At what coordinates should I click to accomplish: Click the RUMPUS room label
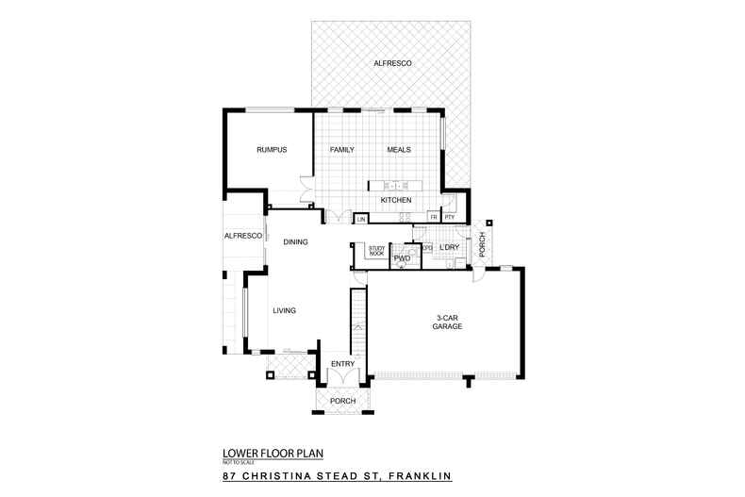(272, 150)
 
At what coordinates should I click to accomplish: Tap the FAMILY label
(341, 150)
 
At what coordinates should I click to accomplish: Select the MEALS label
(399, 150)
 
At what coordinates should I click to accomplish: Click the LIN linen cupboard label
(361, 220)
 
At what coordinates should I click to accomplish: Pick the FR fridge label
(434, 218)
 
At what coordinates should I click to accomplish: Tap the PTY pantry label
(450, 218)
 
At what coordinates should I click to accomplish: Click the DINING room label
(296, 242)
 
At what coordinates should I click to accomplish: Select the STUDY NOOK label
(376, 252)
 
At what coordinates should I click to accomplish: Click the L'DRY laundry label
(450, 247)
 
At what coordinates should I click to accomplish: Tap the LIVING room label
(285, 310)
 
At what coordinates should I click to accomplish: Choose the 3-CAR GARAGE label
(447, 321)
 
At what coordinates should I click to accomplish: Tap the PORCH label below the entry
(343, 401)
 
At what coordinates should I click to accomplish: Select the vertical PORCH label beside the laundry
(481, 243)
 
